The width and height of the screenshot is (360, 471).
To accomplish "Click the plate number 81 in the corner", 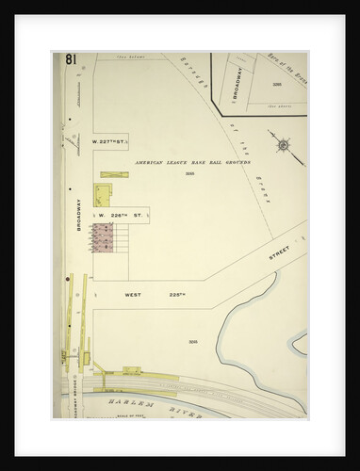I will coord(71,60).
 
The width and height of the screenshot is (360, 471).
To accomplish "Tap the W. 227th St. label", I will coord(108,142).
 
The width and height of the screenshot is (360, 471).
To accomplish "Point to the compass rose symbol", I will coord(284,147).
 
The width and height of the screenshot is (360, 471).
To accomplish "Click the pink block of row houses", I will coord(103,237).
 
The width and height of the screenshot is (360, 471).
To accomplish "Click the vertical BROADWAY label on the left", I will coord(79,215).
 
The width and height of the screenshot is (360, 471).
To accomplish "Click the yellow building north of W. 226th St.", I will coord(102,195).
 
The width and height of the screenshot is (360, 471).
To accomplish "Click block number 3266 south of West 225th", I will coord(192,341).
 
